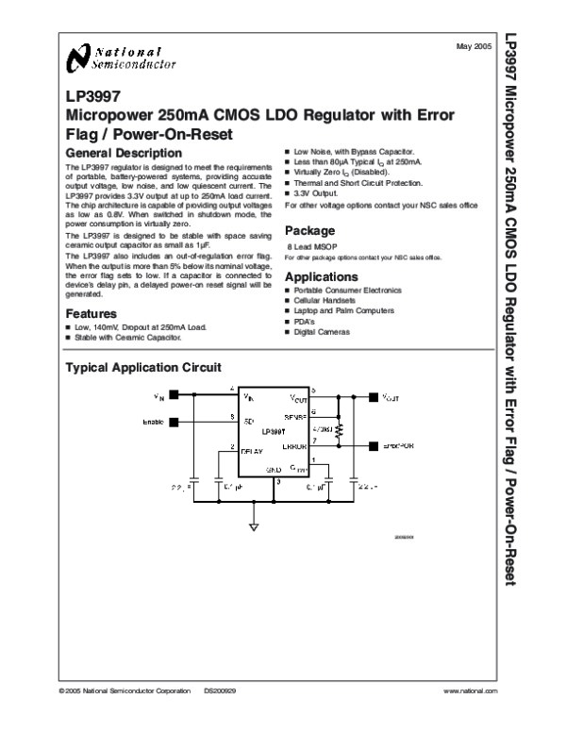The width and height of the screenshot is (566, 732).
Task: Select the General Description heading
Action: click(x=123, y=153)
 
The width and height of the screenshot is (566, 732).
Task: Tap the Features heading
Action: click(x=91, y=314)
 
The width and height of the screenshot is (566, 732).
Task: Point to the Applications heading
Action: click(x=321, y=277)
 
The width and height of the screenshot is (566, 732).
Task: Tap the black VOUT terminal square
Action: click(x=374, y=397)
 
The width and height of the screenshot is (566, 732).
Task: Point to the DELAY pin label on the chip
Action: click(x=252, y=452)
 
